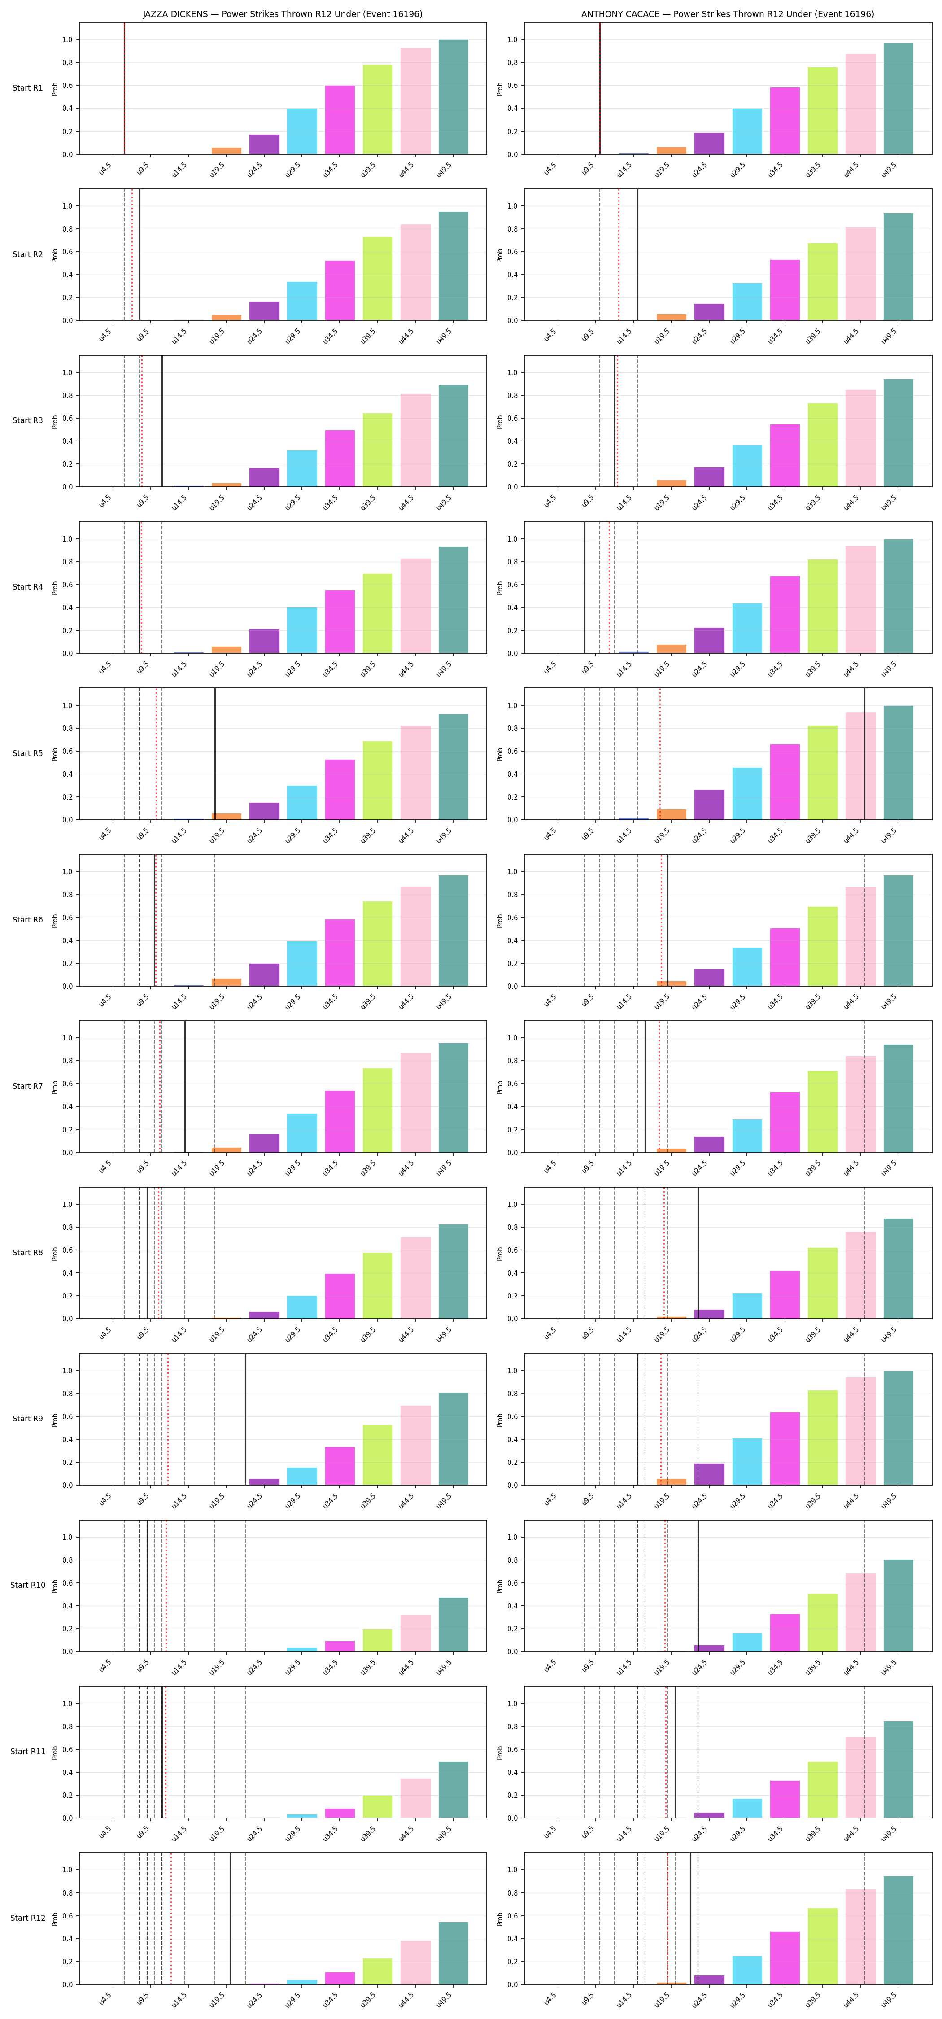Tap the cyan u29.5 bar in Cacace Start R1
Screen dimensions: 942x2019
[x=747, y=131]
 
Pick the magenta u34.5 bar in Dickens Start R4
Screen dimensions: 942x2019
[x=340, y=621]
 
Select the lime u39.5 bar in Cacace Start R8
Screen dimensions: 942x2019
[x=823, y=1283]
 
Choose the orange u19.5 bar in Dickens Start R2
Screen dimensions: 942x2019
[x=227, y=317]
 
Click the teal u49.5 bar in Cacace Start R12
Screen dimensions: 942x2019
[x=898, y=1931]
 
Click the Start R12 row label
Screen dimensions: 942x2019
[x=27, y=1918]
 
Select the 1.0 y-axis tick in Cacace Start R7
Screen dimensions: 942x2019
[x=513, y=1038]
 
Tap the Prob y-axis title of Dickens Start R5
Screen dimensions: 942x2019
[x=55, y=754]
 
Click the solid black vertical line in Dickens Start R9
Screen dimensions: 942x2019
[x=245, y=1419]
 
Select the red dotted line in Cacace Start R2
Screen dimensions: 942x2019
[x=618, y=255]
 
